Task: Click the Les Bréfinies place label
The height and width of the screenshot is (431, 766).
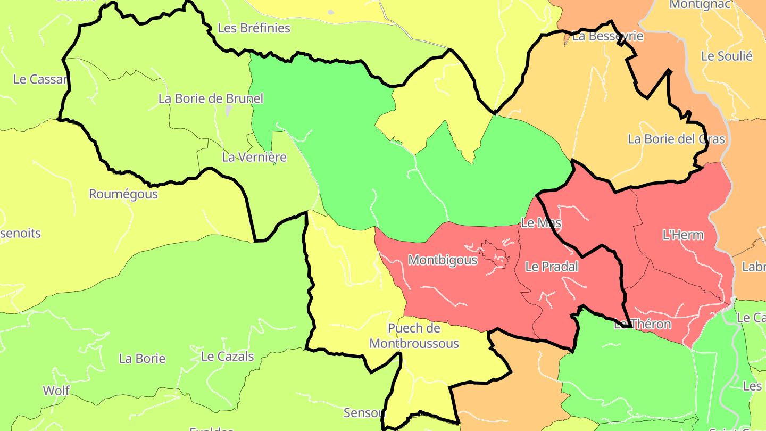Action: (254, 28)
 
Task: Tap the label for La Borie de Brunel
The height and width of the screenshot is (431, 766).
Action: (211, 98)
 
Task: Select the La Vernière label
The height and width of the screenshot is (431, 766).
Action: (254, 157)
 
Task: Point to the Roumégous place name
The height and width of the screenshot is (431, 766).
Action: (123, 194)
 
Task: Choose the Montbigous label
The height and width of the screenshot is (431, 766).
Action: (443, 260)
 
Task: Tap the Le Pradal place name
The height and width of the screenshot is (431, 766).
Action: (551, 267)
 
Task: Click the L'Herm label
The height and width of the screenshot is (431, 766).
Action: (683, 235)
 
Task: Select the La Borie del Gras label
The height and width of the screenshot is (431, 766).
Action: (676, 139)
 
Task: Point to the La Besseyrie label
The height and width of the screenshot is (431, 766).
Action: (607, 36)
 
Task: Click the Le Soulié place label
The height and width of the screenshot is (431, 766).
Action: (727, 56)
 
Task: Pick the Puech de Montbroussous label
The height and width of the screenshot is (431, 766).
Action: (414, 336)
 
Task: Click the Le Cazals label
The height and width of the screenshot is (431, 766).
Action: (227, 357)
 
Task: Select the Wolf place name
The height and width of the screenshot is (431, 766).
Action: (56, 391)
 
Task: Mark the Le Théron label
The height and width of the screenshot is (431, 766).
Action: (643, 324)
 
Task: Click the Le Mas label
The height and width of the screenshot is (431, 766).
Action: (541, 223)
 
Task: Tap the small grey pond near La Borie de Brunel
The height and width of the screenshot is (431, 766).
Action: (228, 110)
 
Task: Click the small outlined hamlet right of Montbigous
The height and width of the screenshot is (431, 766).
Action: (495, 253)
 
